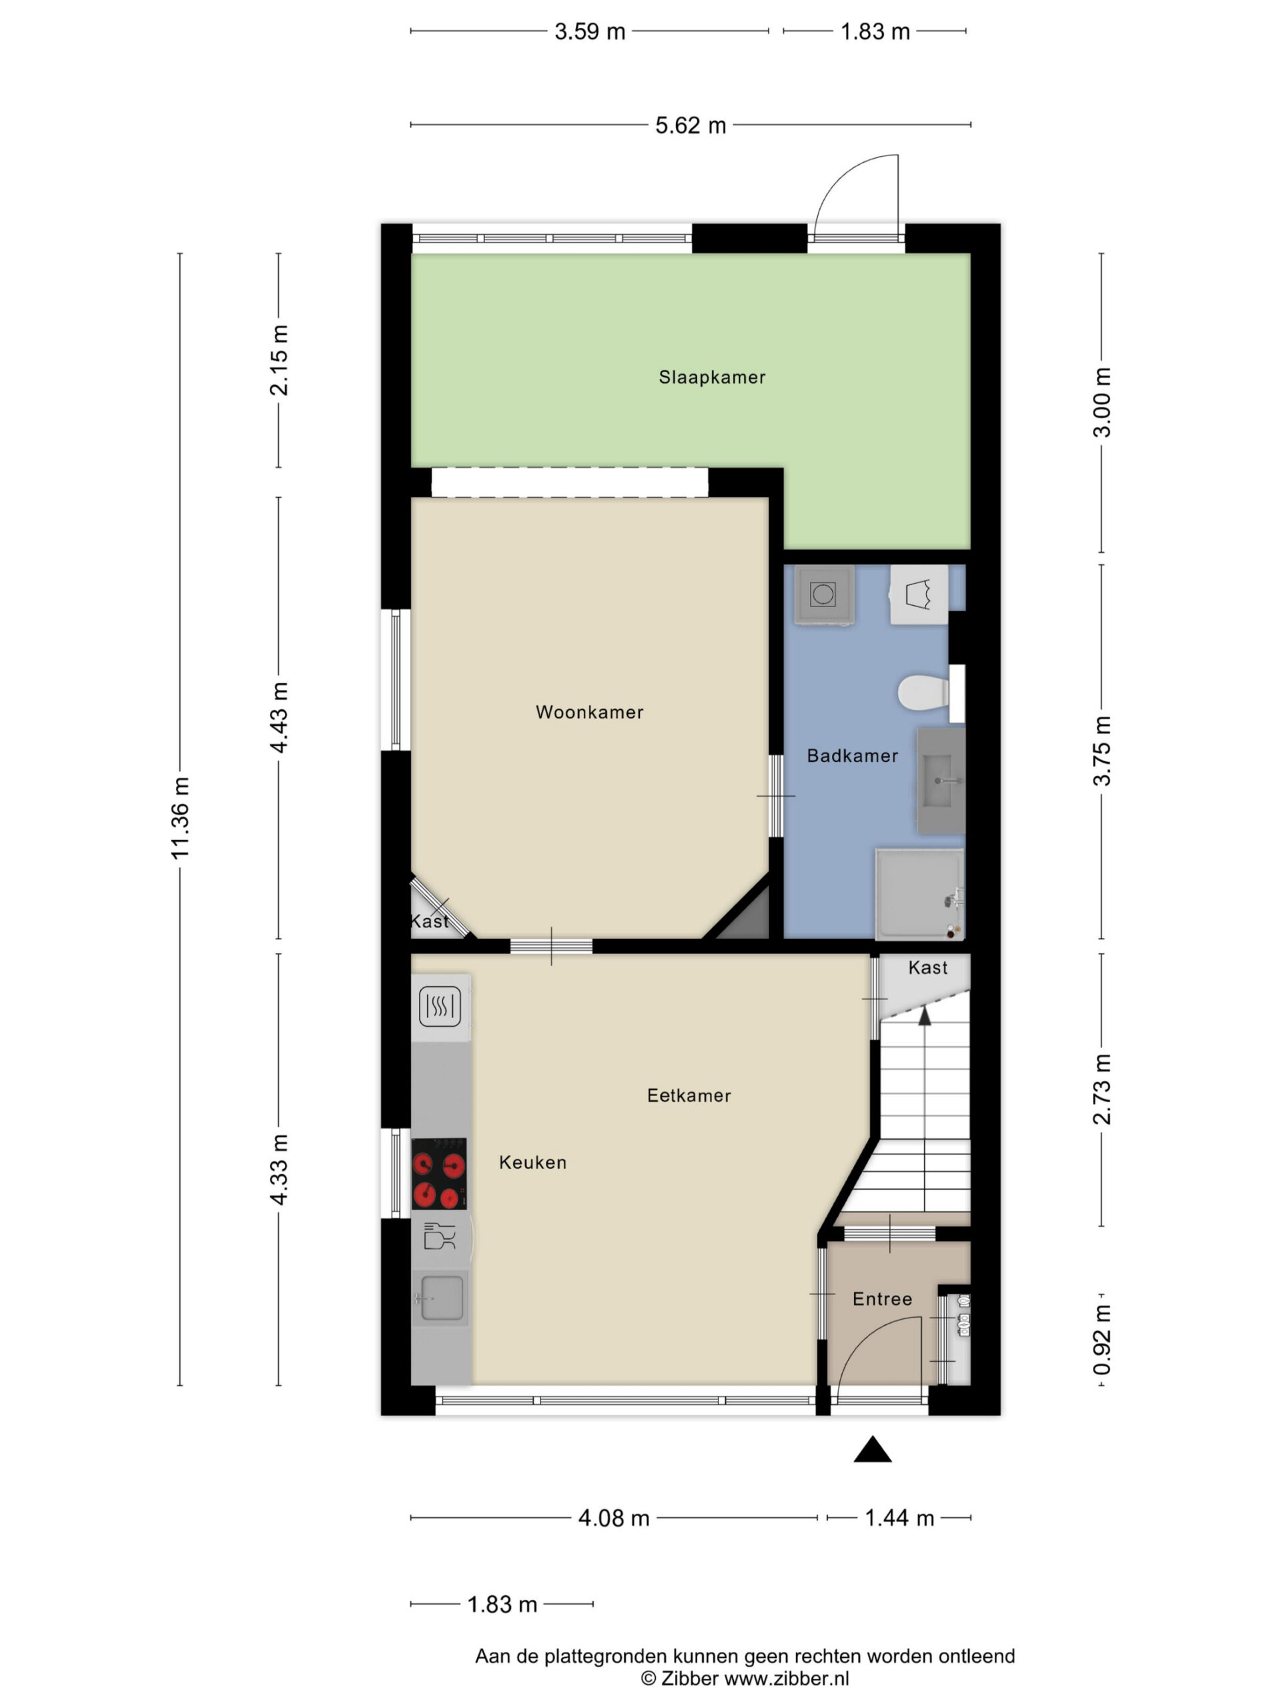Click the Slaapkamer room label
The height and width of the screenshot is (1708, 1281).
712,377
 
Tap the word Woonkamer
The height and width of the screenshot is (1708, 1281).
589,712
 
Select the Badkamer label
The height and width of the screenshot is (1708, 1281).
853,755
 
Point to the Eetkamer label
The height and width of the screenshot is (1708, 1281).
689,1095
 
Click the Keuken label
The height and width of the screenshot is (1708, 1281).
533,1162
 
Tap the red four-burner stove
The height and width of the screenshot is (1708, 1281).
438,1174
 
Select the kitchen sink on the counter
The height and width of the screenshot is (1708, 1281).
441,1297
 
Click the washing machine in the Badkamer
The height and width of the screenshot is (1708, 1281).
824,594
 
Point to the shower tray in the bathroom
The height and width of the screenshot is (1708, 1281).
919,894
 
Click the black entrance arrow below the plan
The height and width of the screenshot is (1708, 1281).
873,1449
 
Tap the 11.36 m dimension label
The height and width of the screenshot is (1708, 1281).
180,818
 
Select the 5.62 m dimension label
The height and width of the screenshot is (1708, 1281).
691,125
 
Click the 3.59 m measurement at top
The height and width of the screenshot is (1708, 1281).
590,31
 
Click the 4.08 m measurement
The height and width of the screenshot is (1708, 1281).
614,1518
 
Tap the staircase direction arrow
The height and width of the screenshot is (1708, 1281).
924,1016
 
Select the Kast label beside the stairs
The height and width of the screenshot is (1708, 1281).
927,967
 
